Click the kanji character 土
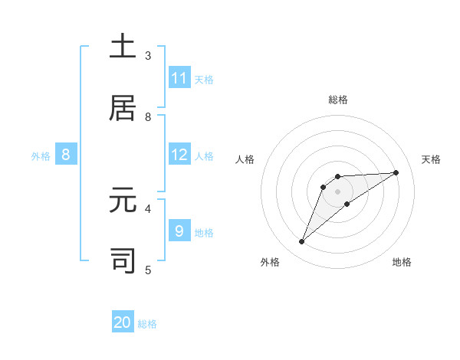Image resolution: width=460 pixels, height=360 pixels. [x=123, y=46]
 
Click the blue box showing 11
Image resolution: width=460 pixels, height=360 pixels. [x=179, y=77]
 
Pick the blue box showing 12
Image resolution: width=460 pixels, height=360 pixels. [x=179, y=155]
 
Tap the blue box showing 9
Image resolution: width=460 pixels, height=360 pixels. [x=179, y=231]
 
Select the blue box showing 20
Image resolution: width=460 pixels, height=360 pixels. [x=123, y=322]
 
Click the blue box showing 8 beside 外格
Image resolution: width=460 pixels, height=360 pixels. [x=66, y=155]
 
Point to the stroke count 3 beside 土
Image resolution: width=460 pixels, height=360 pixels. [x=148, y=55]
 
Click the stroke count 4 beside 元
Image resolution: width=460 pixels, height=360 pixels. [x=148, y=208]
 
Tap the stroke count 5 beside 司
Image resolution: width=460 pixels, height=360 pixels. [x=148, y=269]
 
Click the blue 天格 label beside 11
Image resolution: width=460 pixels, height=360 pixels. [x=204, y=79]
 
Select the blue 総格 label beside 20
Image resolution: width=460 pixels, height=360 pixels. [x=147, y=324]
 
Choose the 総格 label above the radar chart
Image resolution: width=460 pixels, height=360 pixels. [x=337, y=100]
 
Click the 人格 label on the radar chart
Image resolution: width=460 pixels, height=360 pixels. [x=246, y=159]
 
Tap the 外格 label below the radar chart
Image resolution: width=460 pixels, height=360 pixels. [x=270, y=262]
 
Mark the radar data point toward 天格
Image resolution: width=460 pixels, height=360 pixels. [x=396, y=172]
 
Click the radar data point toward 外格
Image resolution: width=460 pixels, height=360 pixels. [x=301, y=242]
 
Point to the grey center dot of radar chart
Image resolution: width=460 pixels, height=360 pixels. [x=337, y=191]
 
